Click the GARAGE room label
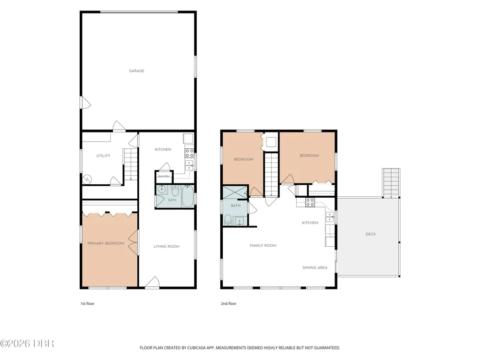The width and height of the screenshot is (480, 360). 136,71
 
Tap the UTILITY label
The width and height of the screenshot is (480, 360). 103,156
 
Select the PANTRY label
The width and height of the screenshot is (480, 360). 164,176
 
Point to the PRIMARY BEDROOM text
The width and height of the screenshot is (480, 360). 106,243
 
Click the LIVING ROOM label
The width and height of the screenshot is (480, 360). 166,246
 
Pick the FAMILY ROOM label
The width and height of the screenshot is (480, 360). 263,245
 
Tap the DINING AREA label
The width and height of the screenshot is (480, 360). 315,267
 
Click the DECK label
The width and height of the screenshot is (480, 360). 371,234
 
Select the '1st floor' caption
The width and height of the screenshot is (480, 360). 87,304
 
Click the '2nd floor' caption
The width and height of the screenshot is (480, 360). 228,304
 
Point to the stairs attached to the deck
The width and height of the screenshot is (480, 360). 391,183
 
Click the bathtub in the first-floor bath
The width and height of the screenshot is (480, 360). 187,196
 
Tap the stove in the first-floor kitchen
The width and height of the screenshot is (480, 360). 189,153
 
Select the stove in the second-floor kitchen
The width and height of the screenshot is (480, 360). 310,203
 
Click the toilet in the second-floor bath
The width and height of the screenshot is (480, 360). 228,219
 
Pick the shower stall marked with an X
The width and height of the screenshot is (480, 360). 235,192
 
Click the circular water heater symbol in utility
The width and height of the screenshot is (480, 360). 87,179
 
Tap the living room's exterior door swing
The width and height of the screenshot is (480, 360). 153,283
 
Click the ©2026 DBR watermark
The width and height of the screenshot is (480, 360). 27,344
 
